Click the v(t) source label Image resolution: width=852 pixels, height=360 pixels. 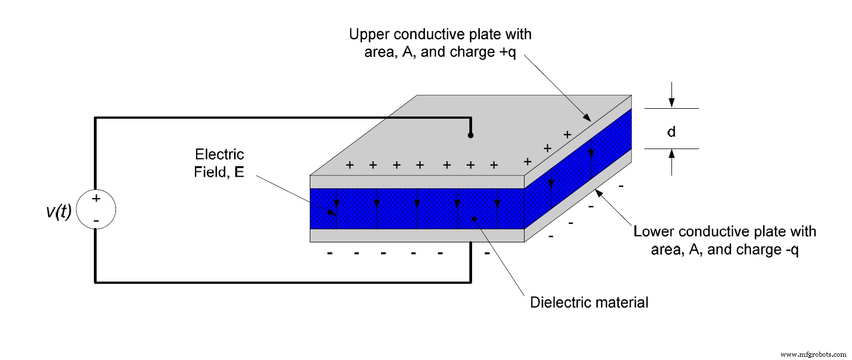click(x=59, y=211)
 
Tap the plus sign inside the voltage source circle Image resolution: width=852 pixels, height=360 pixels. click(x=96, y=198)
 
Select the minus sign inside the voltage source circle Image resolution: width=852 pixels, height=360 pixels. click(x=96, y=221)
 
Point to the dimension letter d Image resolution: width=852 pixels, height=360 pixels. click(x=671, y=133)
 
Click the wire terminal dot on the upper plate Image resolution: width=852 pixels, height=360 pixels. click(x=470, y=135)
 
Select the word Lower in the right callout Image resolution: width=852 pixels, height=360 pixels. click(x=651, y=231)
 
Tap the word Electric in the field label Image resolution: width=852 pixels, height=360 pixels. click(x=219, y=154)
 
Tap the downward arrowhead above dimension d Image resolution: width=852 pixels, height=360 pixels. click(x=671, y=103)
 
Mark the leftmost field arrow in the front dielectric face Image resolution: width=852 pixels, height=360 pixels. click(x=336, y=208)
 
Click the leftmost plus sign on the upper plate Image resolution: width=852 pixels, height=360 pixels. click(x=349, y=165)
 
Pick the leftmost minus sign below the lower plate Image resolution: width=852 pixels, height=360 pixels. click(x=330, y=254)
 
